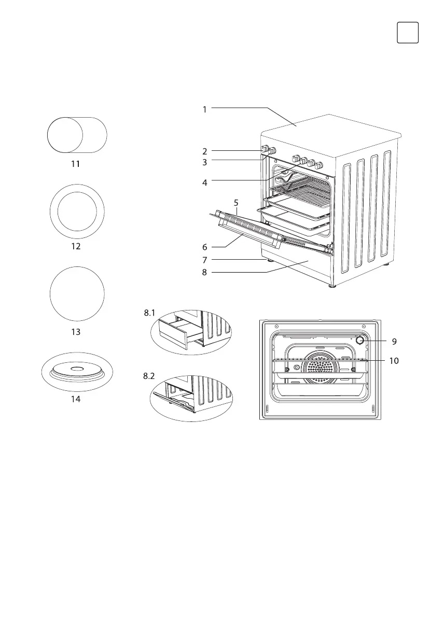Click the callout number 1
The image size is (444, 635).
click(205, 109)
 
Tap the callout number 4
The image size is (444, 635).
click(205, 182)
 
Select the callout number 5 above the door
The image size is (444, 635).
click(236, 203)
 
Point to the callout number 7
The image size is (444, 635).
click(205, 259)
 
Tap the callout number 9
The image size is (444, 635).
click(394, 342)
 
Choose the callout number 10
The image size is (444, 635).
click(394, 360)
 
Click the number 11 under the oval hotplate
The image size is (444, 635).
click(76, 163)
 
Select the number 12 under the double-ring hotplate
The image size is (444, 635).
click(76, 246)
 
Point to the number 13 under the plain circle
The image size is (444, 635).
click(76, 332)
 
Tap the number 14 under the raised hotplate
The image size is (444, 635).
click(76, 400)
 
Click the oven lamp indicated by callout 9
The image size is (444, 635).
click(359, 341)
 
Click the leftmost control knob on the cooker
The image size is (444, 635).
click(265, 150)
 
